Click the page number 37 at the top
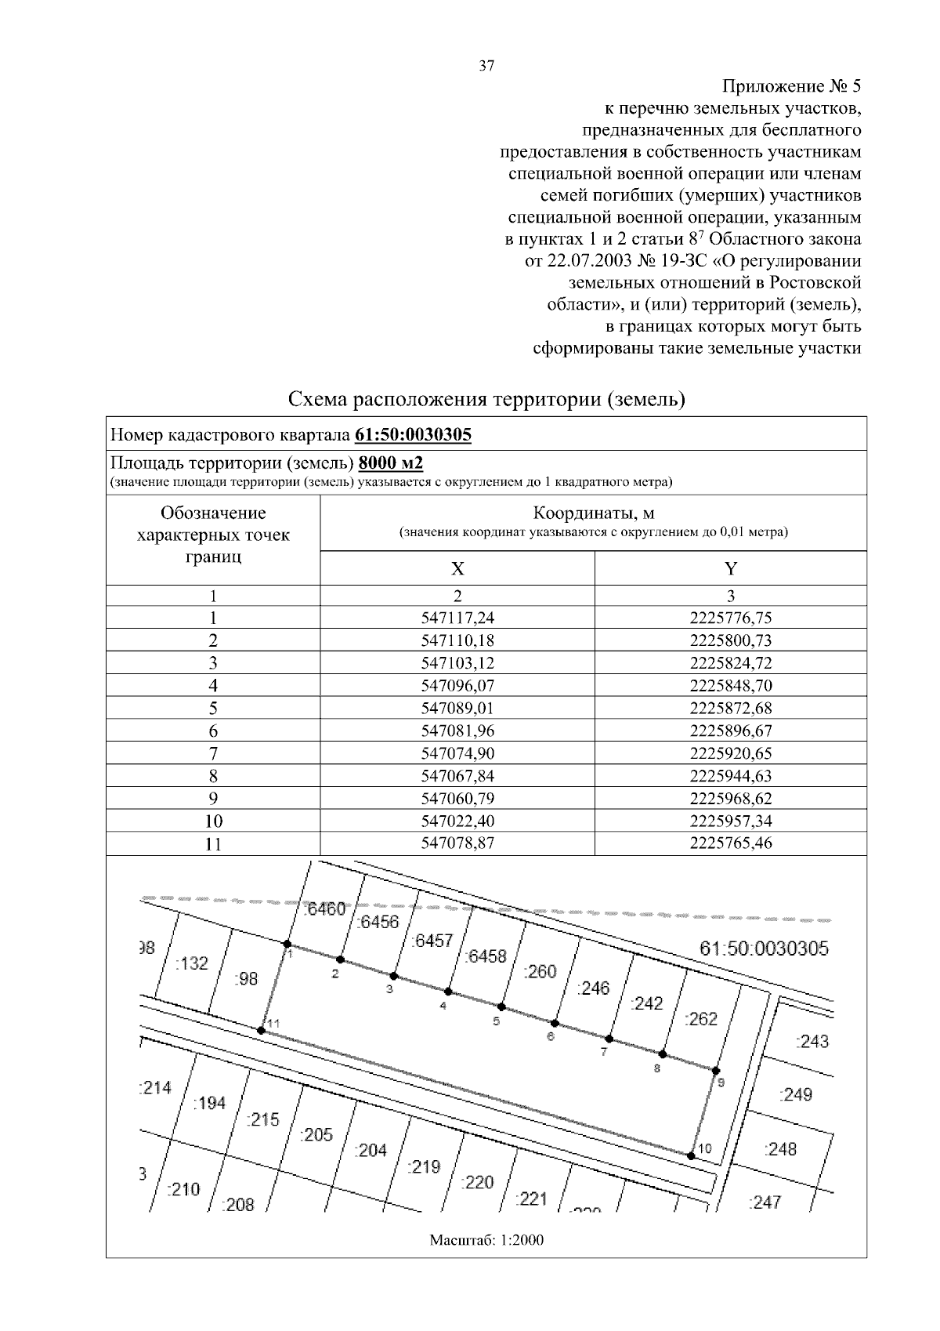pos(486,66)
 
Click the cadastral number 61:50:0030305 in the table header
pos(414,434)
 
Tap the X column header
pos(458,569)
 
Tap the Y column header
pos(731,569)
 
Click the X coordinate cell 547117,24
pos(458,618)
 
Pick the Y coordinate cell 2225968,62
pos(731,799)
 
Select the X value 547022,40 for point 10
pos(458,821)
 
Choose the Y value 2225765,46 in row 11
pos(731,844)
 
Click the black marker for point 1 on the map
pos(287,944)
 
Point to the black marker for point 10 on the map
pos(690,1155)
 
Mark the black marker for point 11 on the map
pos(261,1030)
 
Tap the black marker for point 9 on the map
pos(715,1070)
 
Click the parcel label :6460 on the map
pos(324,909)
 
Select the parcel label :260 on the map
pos(539,972)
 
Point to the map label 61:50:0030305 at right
pos(764,948)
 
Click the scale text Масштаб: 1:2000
pos(486,1240)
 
